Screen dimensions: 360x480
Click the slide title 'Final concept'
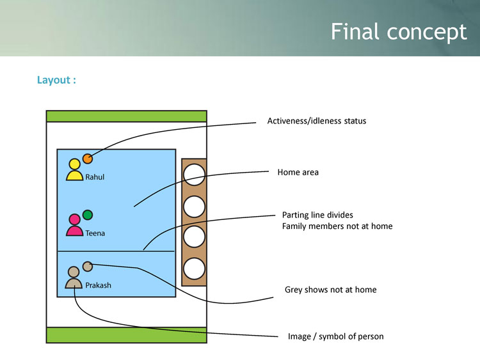click(399, 31)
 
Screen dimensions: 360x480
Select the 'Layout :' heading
click(57, 81)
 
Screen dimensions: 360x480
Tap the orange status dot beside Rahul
click(88, 159)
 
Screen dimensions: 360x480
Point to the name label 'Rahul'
click(95, 177)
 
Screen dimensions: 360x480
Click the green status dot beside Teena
click(88, 214)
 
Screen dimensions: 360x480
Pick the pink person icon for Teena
click(75, 226)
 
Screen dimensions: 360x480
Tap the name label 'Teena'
click(95, 233)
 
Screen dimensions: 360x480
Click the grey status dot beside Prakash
click(88, 266)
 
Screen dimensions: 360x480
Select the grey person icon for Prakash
click(74, 278)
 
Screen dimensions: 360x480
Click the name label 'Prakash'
click(98, 285)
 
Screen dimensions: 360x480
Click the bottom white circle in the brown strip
click(194, 268)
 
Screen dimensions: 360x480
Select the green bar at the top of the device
click(126, 116)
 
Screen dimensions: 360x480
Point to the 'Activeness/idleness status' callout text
click(316, 121)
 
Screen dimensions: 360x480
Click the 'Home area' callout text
click(298, 172)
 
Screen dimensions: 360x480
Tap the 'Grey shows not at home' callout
click(330, 290)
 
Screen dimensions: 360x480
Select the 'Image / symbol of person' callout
click(335, 336)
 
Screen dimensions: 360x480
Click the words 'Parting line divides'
click(317, 215)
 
